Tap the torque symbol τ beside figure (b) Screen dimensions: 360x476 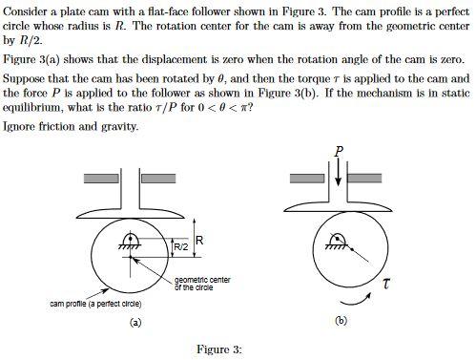point(384,283)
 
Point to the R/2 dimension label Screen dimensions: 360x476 point(180,247)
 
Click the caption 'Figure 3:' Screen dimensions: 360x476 point(218,349)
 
